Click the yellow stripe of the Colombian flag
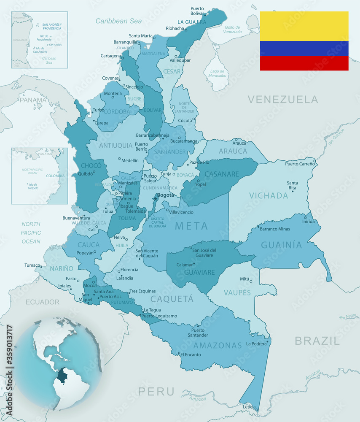click(304, 26)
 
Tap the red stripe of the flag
click(304, 63)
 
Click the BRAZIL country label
click(317, 341)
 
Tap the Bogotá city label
click(165, 195)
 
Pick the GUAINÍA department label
click(282, 245)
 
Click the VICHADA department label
click(269, 196)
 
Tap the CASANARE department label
click(222, 174)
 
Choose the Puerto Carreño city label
click(300, 164)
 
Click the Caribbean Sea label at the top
click(118, 21)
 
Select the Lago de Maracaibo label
click(218, 73)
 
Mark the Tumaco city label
click(32, 265)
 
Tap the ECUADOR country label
click(43, 302)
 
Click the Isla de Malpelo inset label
click(33, 186)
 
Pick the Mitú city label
click(244, 279)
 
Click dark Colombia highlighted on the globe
click(64, 375)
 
